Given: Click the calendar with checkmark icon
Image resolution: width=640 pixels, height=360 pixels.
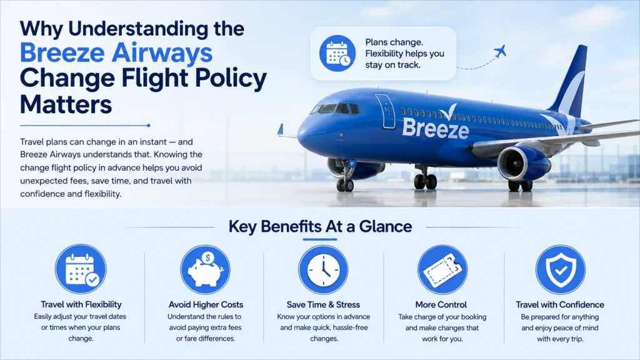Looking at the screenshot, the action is (x=81, y=269).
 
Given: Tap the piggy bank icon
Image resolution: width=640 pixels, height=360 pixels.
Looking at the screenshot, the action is (x=205, y=269).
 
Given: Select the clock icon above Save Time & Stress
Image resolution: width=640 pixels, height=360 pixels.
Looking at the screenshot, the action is (x=323, y=269).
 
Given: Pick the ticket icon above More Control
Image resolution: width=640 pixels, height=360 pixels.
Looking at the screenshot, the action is (x=442, y=269).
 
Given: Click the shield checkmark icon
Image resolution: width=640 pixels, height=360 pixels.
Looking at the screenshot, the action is (x=561, y=269).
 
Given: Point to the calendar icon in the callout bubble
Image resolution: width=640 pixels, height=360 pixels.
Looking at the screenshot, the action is (x=337, y=54).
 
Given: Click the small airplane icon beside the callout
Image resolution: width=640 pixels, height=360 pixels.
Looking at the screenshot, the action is (x=500, y=51).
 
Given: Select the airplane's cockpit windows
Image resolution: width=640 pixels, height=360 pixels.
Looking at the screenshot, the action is (x=336, y=109).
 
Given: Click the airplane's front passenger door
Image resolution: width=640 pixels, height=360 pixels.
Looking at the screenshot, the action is (x=385, y=111).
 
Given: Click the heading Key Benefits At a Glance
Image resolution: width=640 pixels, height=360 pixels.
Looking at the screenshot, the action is (x=320, y=226).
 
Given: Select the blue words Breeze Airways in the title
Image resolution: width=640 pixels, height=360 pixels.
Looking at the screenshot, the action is (x=116, y=52).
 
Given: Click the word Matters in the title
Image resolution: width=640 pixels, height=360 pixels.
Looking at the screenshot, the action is (x=66, y=104).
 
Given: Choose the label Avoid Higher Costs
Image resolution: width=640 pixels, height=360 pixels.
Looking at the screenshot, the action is (x=206, y=304).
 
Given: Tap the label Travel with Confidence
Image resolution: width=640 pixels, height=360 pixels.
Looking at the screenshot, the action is (x=560, y=304).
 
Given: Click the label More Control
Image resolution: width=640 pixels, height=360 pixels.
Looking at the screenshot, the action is (x=441, y=304).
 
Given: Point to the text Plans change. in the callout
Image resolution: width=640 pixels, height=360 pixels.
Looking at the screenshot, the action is (x=394, y=42).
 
